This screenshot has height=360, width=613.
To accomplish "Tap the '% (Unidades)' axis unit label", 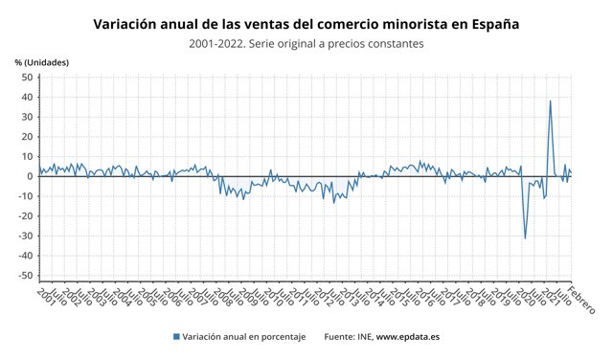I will point(41,62).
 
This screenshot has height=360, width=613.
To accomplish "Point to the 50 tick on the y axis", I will point(28,78).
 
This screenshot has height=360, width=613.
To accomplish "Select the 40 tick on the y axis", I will point(28,97).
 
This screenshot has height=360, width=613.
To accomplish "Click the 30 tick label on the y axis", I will point(28,117).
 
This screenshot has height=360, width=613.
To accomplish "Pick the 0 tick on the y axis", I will point(31,176).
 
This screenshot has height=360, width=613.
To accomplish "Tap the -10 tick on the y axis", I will point(26,196).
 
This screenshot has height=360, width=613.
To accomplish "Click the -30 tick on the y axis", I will point(26,236).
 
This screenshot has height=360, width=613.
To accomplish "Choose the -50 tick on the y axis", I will point(26,276).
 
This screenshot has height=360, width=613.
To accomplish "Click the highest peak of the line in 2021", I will point(550,101).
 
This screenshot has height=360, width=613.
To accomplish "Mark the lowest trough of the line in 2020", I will point(525,238).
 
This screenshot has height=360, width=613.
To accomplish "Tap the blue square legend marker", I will point(176,336).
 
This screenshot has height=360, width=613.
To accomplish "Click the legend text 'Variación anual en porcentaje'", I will point(244,336).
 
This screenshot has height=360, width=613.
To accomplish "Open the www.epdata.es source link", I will point(407,336).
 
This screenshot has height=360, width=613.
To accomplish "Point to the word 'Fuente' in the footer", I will point(339,336).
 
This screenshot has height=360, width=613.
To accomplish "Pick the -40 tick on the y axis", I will point(26,256).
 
